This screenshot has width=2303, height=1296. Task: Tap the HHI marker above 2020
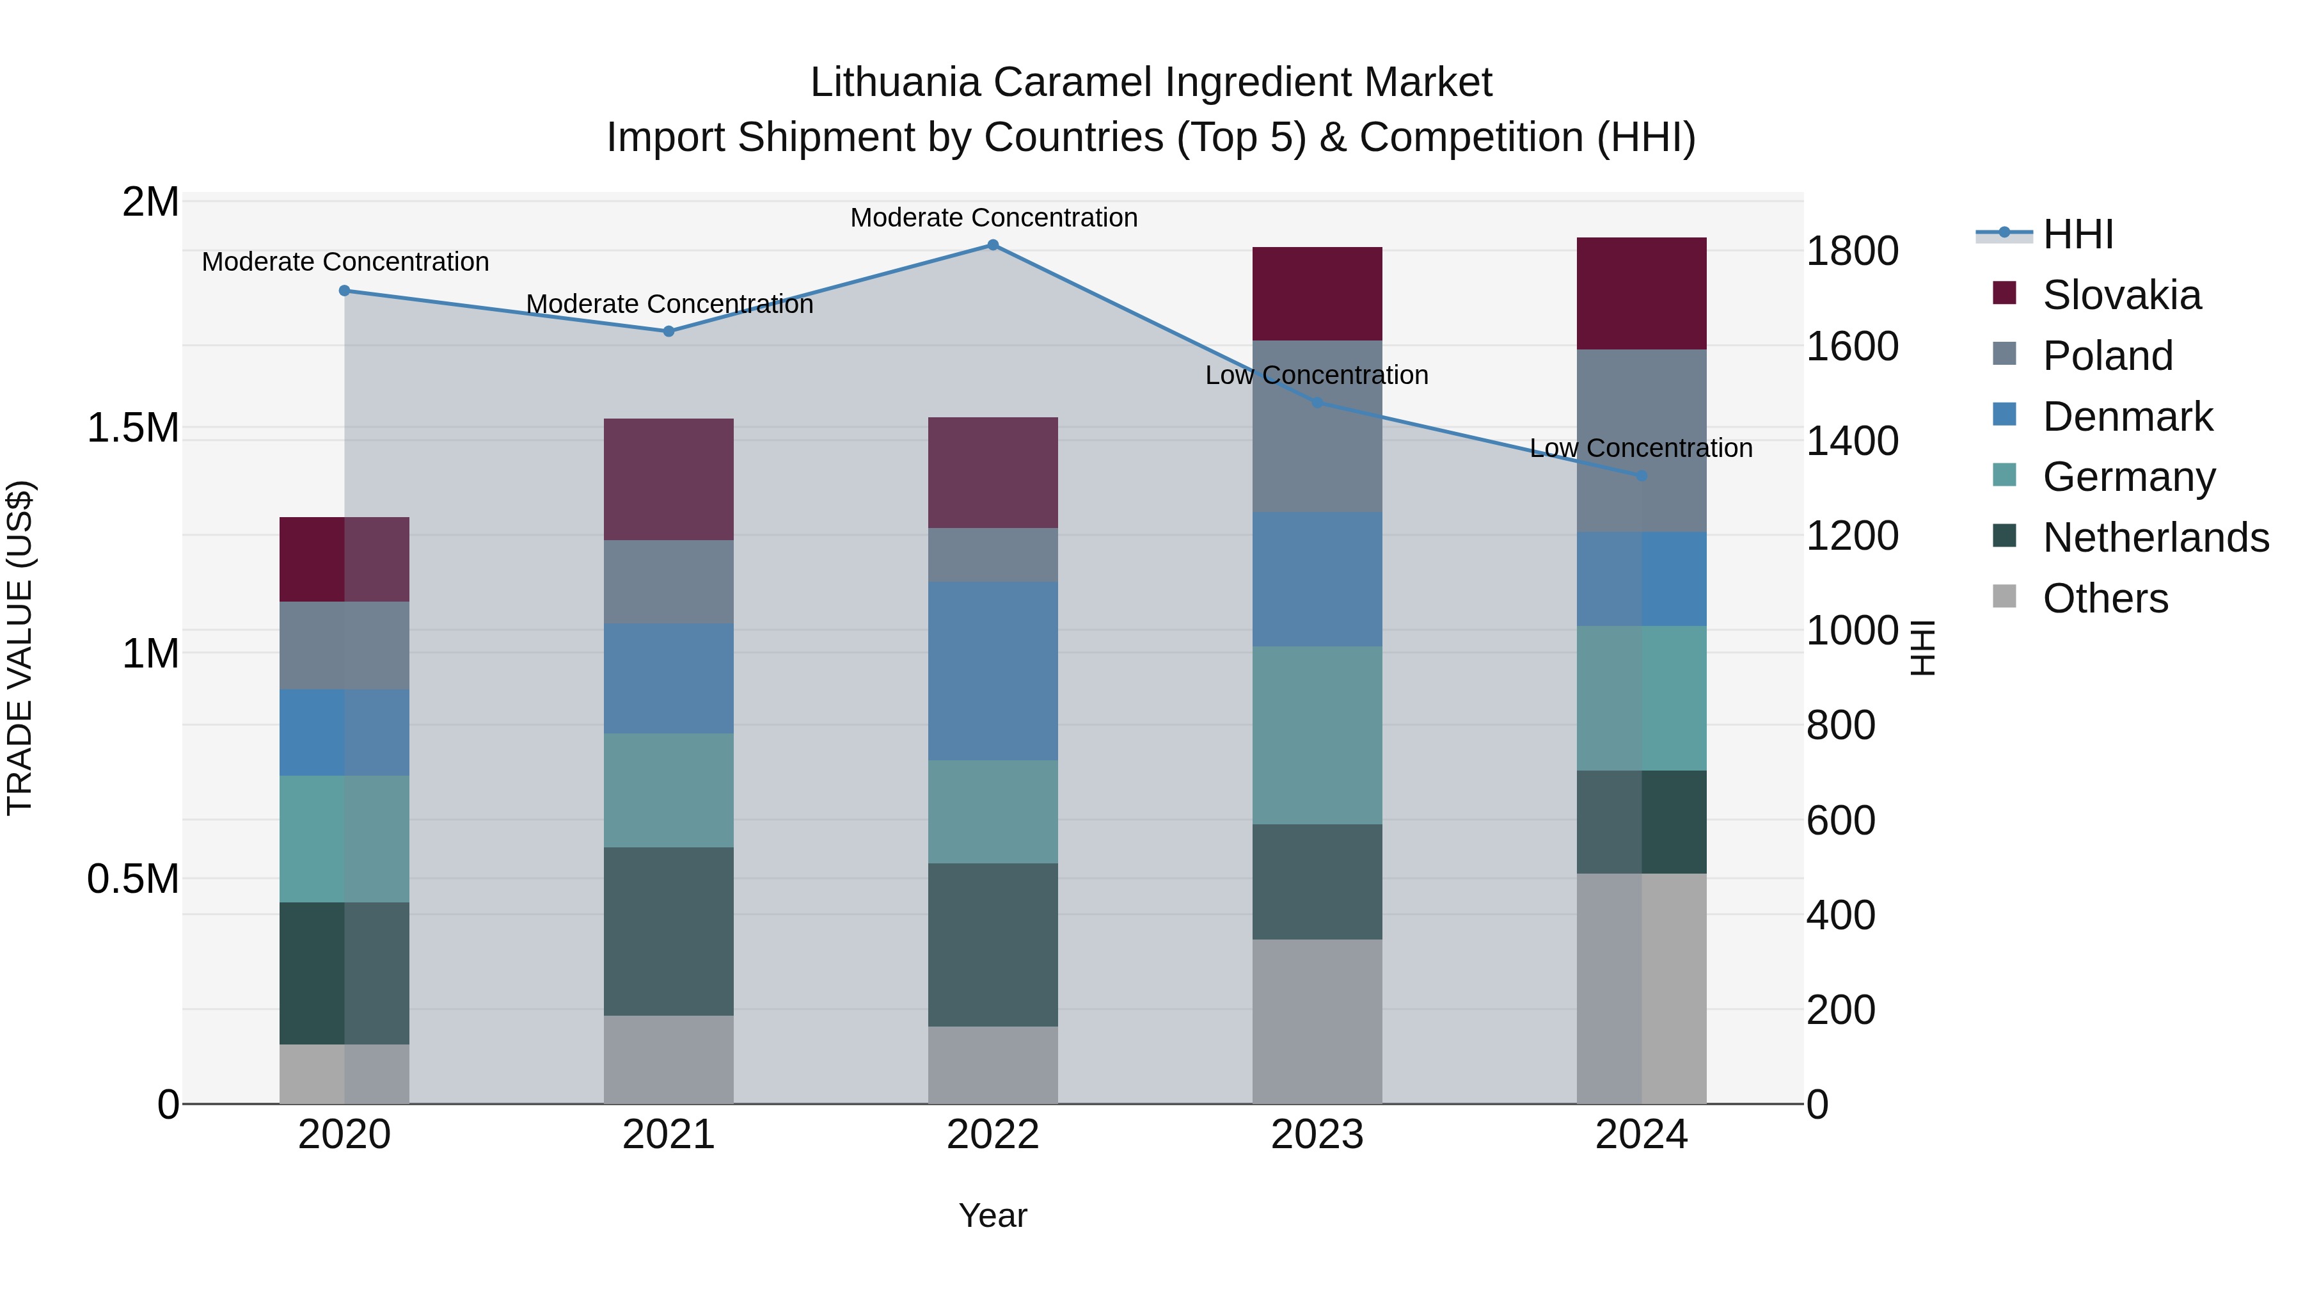coord(344,291)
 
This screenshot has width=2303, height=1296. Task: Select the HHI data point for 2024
coord(1642,476)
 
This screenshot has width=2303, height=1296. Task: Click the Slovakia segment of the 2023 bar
coord(1317,293)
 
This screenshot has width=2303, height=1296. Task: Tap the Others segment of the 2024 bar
coord(1642,988)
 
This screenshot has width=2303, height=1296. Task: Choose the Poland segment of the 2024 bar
coord(1642,440)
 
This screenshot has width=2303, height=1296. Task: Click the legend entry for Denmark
coord(2127,417)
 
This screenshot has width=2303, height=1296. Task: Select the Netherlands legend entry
coord(2155,538)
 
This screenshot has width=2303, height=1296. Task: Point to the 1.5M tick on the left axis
coord(132,428)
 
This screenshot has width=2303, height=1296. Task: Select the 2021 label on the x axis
coord(669,1135)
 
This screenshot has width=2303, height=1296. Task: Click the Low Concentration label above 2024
coord(1642,448)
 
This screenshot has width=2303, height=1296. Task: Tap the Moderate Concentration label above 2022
coord(993,218)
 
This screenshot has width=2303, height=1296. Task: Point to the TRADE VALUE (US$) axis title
coord(20,648)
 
